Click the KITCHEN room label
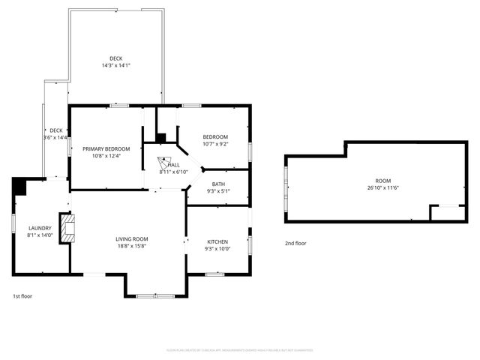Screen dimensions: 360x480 pyautogui.click(x=218, y=241)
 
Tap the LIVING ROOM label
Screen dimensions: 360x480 pyautogui.click(x=132, y=239)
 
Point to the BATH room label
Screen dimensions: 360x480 pyautogui.click(x=218, y=184)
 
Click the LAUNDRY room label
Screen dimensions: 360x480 pyautogui.click(x=40, y=228)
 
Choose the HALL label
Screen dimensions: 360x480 pyautogui.click(x=174, y=165)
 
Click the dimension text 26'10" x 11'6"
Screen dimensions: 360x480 pyautogui.click(x=383, y=188)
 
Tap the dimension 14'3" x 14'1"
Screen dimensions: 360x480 pyautogui.click(x=116, y=66)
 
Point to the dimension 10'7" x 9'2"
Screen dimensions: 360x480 pyautogui.click(x=215, y=144)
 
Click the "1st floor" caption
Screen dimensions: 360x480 pyautogui.click(x=22, y=296)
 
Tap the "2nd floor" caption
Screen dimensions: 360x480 pyautogui.click(x=295, y=243)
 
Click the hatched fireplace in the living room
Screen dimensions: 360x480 pyautogui.click(x=68, y=228)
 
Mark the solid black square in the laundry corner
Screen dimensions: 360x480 pyautogui.click(x=19, y=184)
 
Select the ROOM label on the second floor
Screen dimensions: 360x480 pyautogui.click(x=383, y=181)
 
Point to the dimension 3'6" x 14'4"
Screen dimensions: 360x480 pyautogui.click(x=55, y=138)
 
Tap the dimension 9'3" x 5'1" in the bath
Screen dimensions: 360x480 pyautogui.click(x=218, y=191)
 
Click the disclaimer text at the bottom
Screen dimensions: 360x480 pyautogui.click(x=239, y=349)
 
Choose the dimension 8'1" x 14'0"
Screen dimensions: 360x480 pyautogui.click(x=40, y=235)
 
